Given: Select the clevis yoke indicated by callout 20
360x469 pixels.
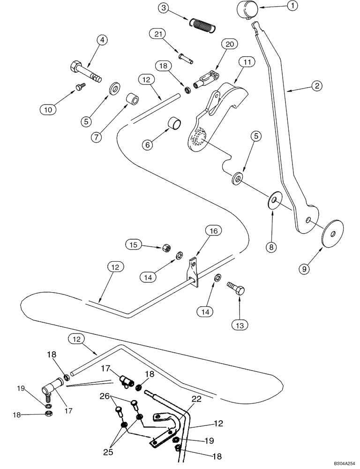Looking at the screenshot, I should coord(207,76).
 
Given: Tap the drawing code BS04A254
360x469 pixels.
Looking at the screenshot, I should coord(344,462).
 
